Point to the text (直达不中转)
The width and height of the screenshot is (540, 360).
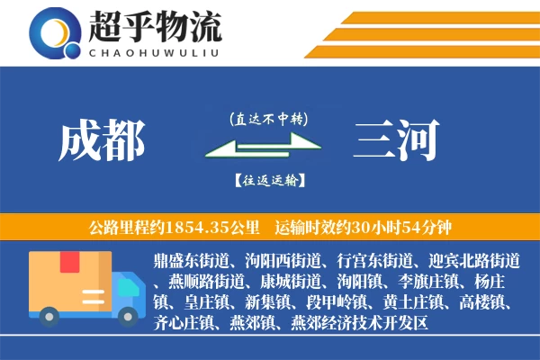[x=267, y=118]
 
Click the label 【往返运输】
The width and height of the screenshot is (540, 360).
[x=267, y=180]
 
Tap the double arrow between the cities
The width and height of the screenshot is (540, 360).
[x=267, y=148]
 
